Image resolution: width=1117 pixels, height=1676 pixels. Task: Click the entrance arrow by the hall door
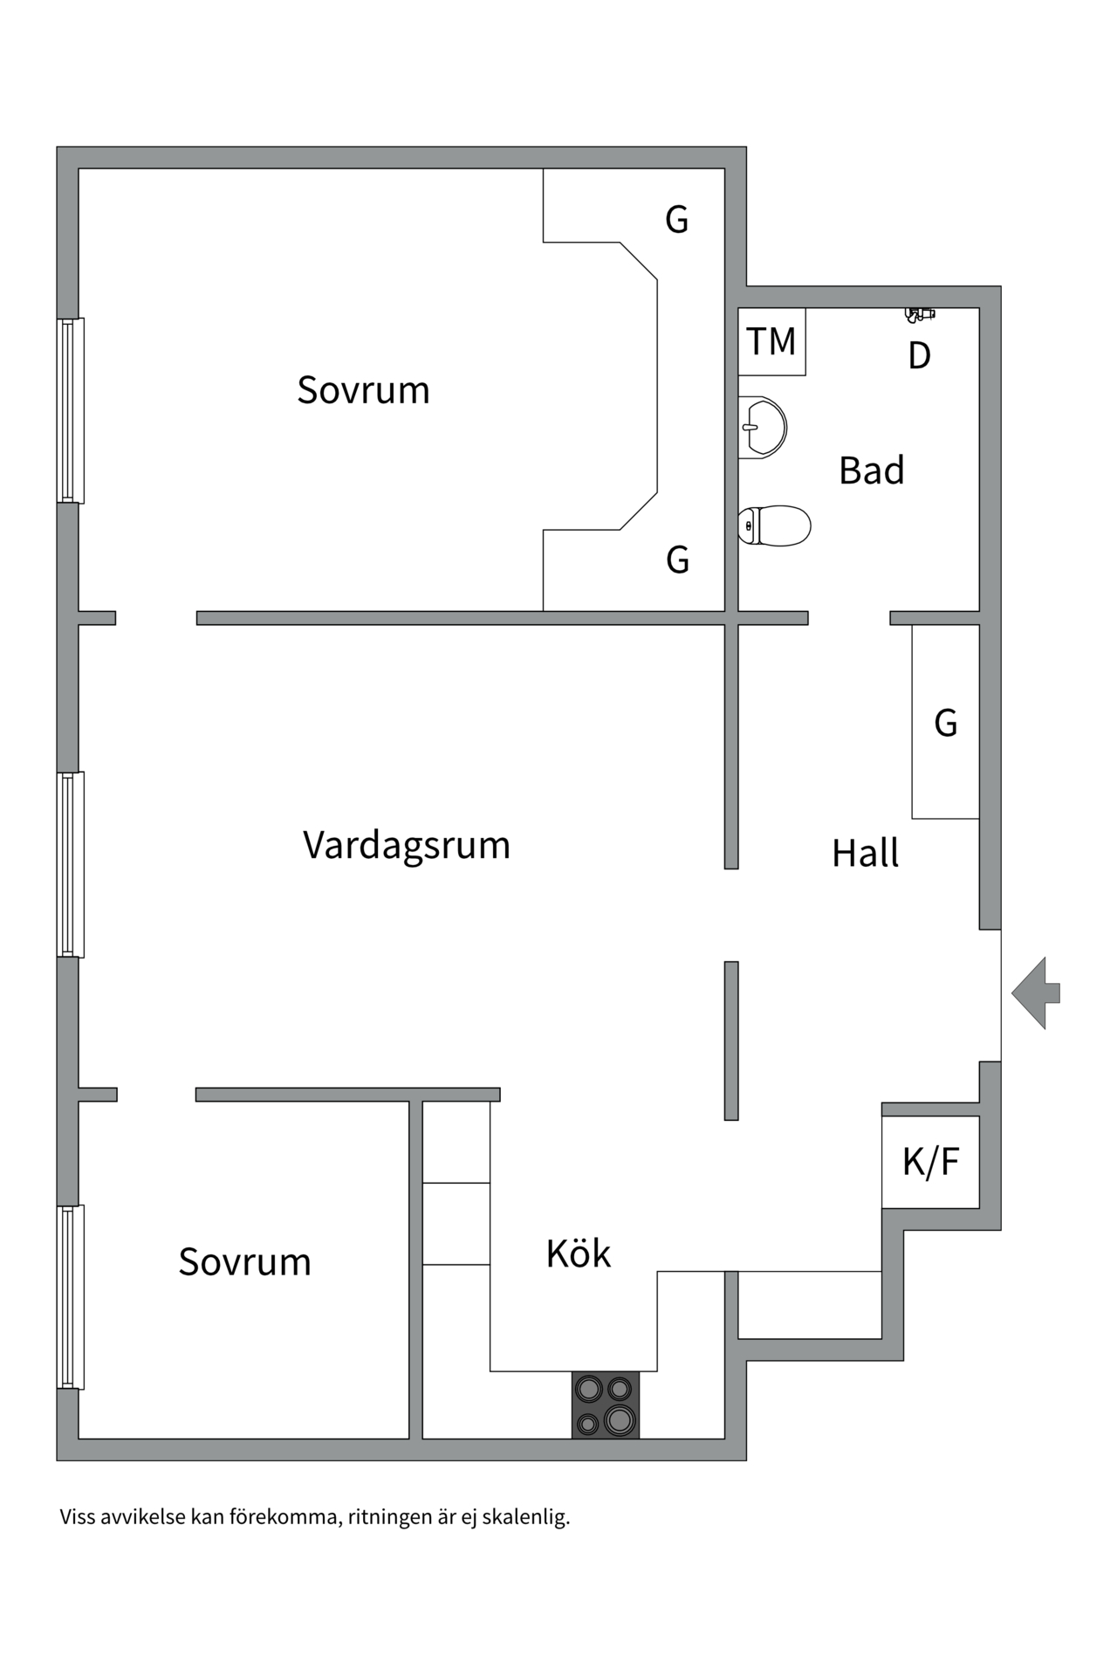coord(1035,993)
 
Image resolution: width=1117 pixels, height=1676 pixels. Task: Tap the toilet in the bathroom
coord(774,525)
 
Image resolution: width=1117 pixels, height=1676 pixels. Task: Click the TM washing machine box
coord(771,341)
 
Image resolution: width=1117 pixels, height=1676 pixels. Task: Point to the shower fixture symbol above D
coord(919,313)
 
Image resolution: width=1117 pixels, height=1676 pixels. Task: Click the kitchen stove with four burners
coord(606,1405)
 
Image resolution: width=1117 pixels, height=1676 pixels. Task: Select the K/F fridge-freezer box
coord(930,1162)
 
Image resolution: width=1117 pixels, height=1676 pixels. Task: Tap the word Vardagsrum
coord(407,845)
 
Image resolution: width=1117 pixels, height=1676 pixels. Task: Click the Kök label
coord(578,1254)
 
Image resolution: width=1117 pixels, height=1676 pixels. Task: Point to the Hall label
coord(865,853)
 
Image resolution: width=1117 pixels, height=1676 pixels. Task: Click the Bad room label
coord(871,471)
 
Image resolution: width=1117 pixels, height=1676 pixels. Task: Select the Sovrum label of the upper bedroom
coord(363,390)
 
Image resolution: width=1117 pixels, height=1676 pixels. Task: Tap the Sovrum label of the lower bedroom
coord(245,1262)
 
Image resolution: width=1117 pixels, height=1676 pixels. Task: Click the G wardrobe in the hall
coord(945,723)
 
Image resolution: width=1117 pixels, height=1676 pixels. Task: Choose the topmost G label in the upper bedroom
coord(677,219)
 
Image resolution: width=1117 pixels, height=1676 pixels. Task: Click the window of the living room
coord(71,864)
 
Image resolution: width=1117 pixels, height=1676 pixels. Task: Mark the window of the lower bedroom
coord(71,1296)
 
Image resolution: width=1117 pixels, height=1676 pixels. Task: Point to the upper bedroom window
coord(71,410)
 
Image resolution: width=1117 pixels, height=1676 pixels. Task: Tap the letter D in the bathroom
coord(919,355)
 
